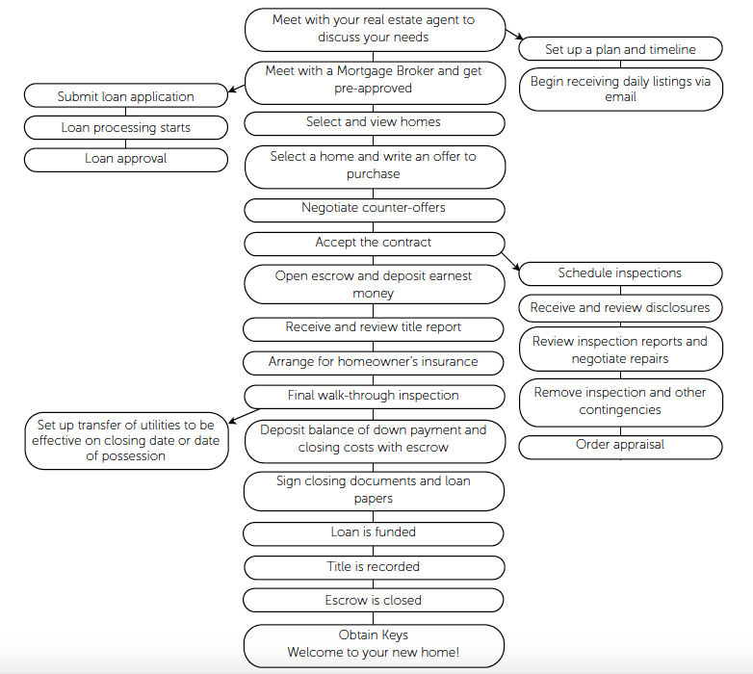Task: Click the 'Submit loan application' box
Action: click(126, 95)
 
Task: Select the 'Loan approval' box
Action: click(126, 160)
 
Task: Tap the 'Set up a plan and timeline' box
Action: click(620, 48)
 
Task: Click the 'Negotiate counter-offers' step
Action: click(375, 210)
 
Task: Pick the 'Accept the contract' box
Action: click(375, 244)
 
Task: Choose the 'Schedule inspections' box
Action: click(620, 274)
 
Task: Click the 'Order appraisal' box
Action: click(620, 447)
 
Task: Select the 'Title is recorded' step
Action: click(375, 567)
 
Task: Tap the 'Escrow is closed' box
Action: click(374, 600)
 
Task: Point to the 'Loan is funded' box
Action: click(374, 533)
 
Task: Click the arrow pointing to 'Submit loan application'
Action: click(236, 89)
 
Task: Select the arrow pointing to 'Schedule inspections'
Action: click(510, 262)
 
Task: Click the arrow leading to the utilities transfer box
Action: click(244, 416)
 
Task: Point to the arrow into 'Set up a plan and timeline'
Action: click(514, 35)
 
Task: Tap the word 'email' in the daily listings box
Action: click(620, 96)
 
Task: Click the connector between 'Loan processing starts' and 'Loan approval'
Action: click(126, 143)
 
